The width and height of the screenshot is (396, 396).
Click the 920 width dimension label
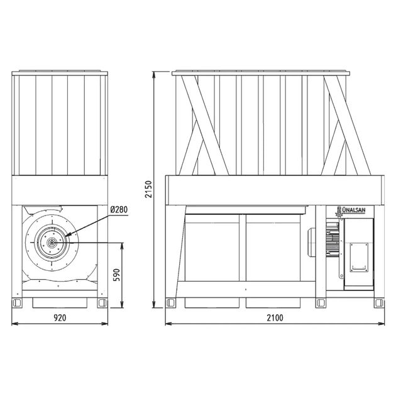pyautogui.click(x=60, y=317)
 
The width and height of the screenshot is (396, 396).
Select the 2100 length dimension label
pyautogui.click(x=275, y=317)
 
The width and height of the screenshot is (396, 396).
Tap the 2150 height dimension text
pyautogui.click(x=148, y=189)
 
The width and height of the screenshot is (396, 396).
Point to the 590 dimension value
pyautogui.click(x=116, y=275)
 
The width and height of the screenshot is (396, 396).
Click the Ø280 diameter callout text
pyautogui.click(x=119, y=209)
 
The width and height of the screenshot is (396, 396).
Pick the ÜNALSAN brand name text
pyautogui.click(x=353, y=210)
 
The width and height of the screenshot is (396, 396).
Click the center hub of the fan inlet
pyautogui.click(x=52, y=243)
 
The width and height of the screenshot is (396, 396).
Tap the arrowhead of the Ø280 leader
pyautogui.click(x=68, y=234)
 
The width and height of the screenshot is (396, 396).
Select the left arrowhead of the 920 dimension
pyautogui.click(x=14, y=324)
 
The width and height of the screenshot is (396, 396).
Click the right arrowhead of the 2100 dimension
pyautogui.click(x=382, y=324)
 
